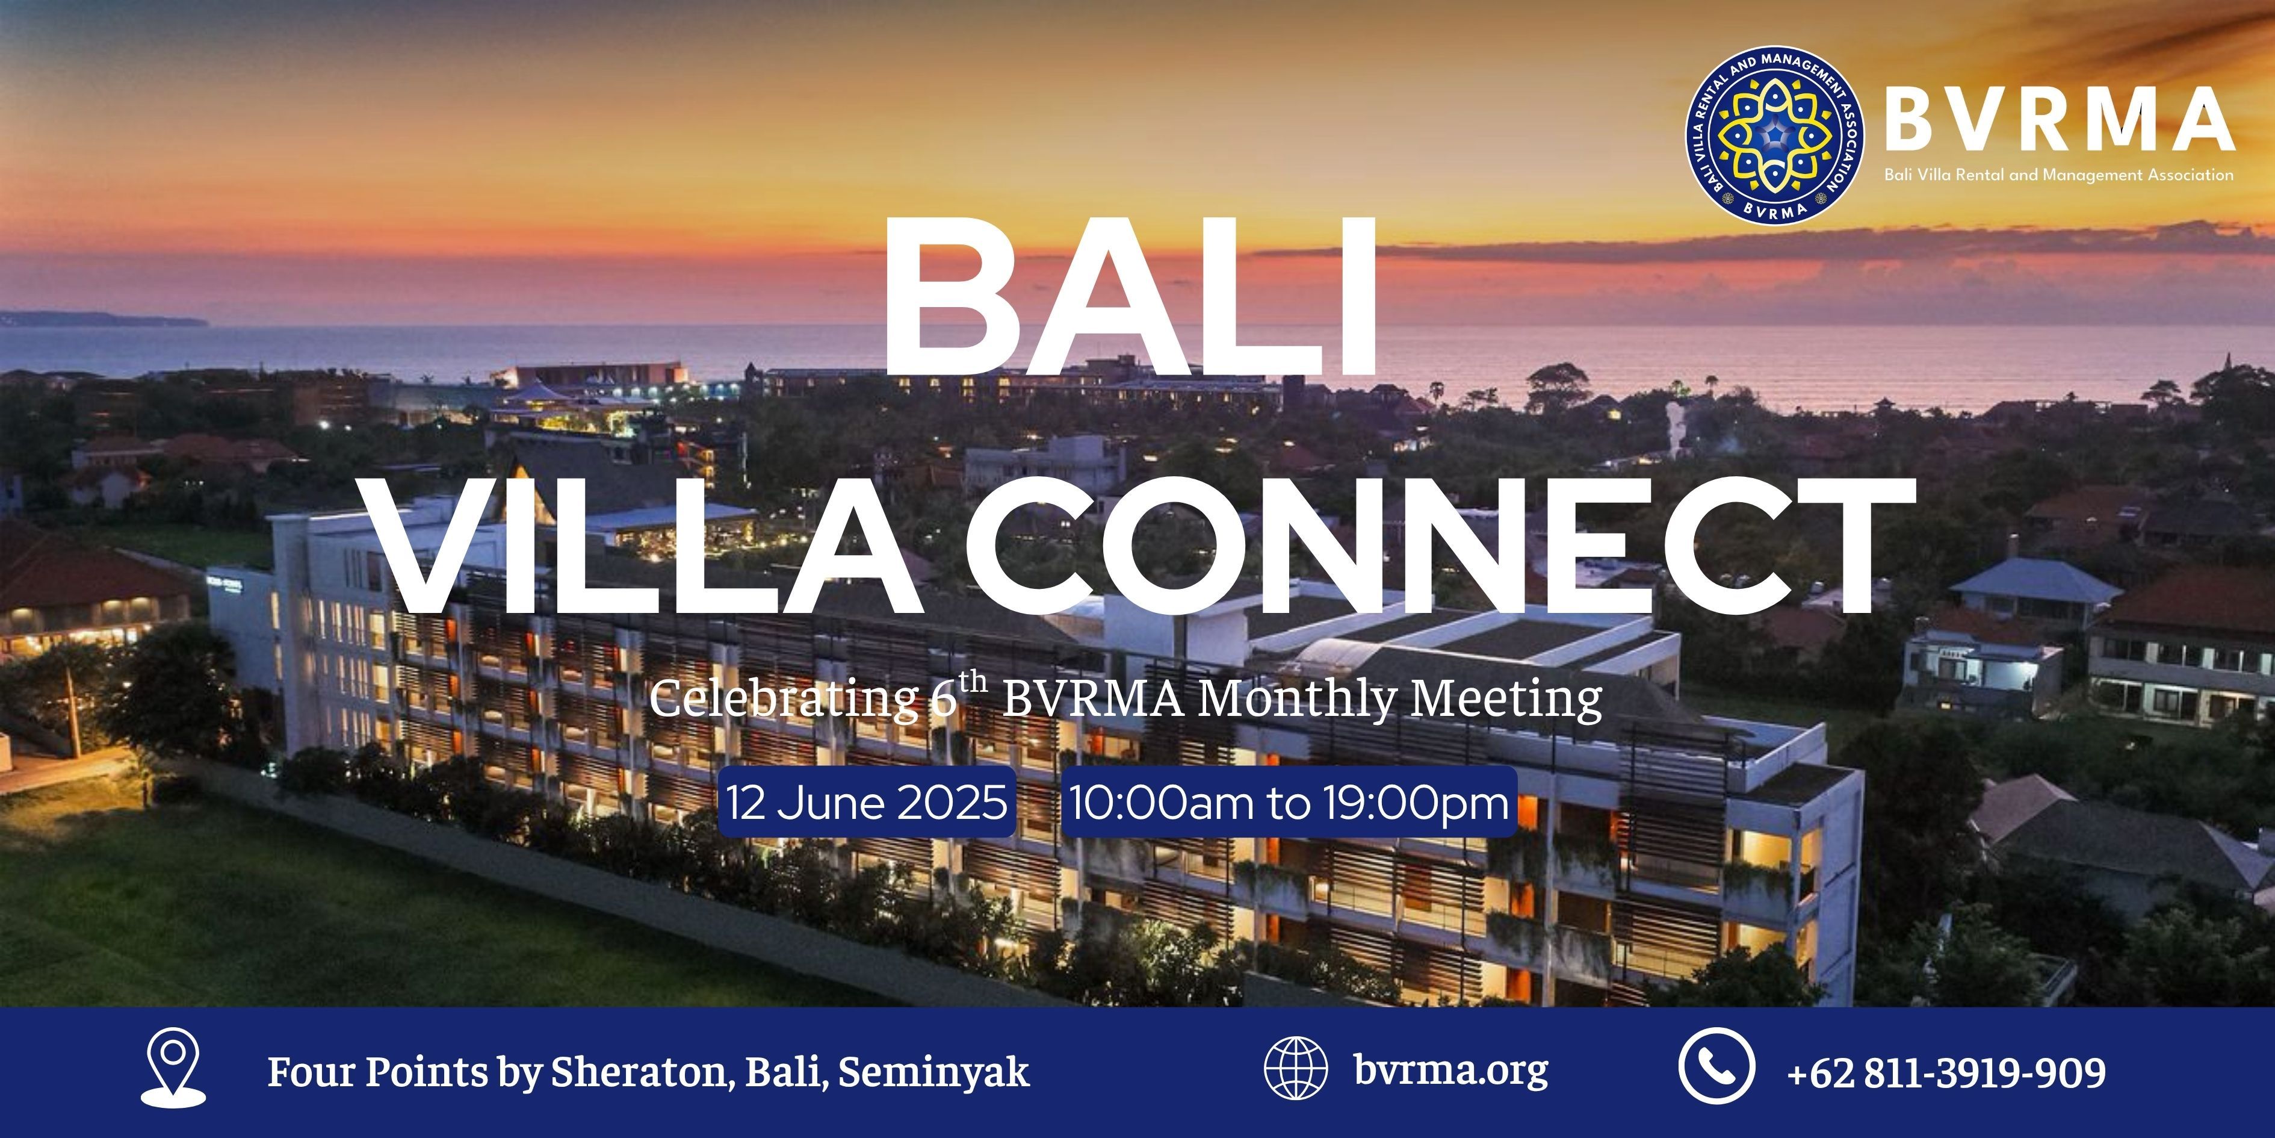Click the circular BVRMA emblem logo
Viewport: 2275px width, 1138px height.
(1775, 135)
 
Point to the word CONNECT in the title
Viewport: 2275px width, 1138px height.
(1440, 548)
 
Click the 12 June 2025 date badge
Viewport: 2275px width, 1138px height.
(867, 802)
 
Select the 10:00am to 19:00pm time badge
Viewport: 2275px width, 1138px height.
(1289, 802)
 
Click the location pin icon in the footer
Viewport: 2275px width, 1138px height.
(173, 1066)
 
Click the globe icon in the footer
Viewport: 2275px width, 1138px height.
(1296, 1068)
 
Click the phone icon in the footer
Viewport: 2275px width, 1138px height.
(1716, 1066)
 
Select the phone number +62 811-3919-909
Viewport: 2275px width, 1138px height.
(1946, 1072)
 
